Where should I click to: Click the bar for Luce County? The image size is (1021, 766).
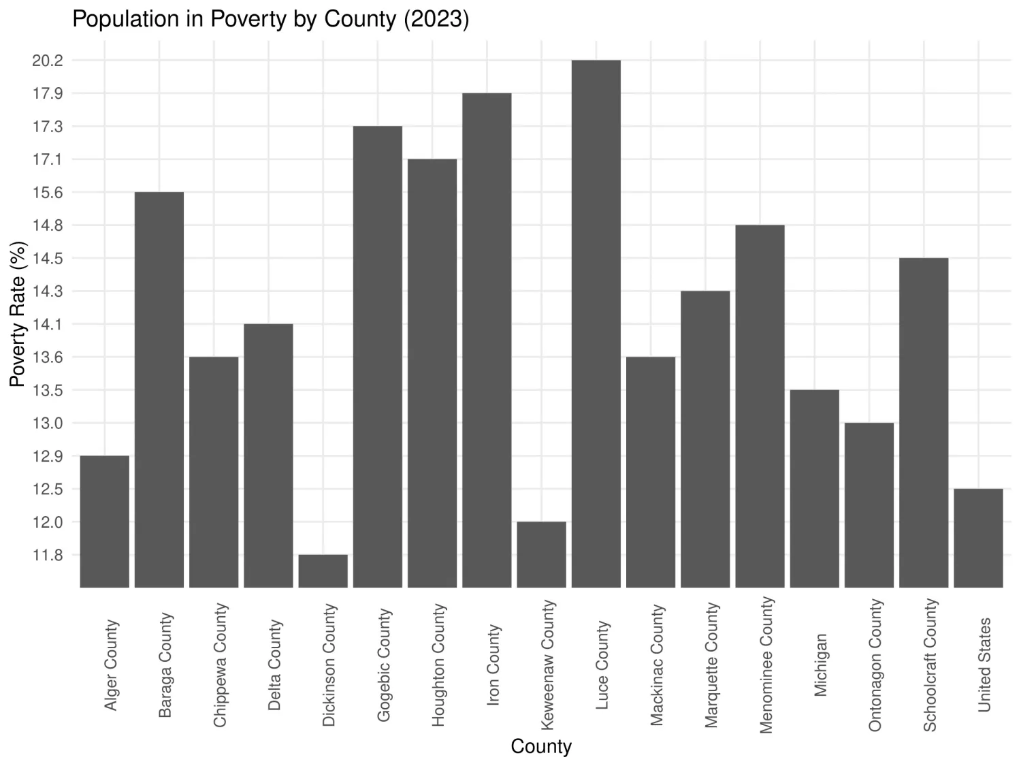596,323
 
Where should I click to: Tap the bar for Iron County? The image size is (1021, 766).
487,340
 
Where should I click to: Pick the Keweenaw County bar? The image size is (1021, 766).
541,554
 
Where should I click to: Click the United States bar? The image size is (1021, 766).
978,538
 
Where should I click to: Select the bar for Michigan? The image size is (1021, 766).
814,488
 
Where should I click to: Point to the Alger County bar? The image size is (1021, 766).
104,521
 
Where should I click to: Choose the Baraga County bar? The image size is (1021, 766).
159,389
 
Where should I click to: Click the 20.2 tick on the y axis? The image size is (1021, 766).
47,61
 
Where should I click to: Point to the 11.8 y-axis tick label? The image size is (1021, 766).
47,556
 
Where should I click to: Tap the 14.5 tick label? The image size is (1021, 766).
47,259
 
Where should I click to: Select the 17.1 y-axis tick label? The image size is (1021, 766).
47,160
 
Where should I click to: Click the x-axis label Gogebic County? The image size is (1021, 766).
384,665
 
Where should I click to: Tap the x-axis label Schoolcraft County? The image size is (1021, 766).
930,665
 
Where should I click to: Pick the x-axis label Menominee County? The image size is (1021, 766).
766,665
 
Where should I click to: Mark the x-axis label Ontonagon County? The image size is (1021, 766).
875,665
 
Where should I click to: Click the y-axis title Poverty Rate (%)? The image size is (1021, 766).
18,314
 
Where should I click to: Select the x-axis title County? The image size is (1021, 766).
541,746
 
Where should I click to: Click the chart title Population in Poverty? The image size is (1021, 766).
270,19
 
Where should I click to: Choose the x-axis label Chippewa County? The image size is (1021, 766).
220,665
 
